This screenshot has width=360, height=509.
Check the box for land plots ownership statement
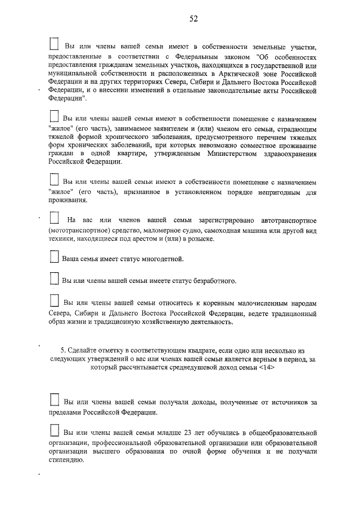pyautogui.click(x=55, y=44)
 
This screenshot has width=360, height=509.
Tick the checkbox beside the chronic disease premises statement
pyautogui.click(x=54, y=117)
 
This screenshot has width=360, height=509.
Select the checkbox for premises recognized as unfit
pyautogui.click(x=54, y=180)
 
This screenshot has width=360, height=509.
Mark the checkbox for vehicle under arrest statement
pyautogui.click(x=54, y=218)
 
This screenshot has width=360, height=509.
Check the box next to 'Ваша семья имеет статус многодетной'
pyautogui.click(x=54, y=257)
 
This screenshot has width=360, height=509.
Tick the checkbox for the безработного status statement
pyautogui.click(x=54, y=278)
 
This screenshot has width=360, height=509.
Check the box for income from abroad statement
pyautogui.click(x=54, y=400)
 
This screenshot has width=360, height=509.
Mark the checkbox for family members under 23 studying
pyautogui.click(x=54, y=430)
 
